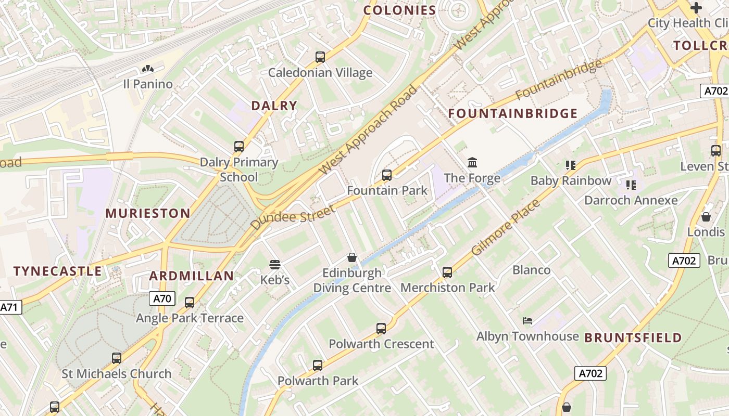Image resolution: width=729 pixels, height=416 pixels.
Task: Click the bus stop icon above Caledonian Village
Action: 320,57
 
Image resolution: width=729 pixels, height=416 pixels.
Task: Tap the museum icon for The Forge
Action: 472,163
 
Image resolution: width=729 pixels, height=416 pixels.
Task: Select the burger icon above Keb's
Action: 275,265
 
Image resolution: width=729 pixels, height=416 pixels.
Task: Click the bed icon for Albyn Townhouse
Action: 527,321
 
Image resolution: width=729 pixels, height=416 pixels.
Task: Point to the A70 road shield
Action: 162,298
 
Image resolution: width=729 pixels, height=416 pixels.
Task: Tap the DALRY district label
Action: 274,106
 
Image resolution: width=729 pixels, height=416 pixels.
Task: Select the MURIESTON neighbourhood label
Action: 148,213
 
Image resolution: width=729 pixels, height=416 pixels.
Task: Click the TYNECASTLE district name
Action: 58,271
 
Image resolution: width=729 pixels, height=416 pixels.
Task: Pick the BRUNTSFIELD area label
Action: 633,338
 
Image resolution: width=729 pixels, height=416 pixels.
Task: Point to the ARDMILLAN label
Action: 192,276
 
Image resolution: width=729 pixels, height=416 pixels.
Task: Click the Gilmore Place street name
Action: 506,227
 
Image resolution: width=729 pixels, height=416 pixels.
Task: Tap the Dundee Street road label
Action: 293,217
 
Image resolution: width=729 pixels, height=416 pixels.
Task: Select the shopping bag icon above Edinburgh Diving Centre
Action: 352,257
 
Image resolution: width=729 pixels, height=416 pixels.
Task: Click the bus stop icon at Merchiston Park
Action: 447,272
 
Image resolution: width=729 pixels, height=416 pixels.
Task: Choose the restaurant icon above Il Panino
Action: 148,69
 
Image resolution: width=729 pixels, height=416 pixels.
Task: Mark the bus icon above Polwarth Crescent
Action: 381,329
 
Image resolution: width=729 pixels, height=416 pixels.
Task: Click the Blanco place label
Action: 531,270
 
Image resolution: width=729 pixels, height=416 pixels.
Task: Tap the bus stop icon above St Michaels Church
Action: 117,358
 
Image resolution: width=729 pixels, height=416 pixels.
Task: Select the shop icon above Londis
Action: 706,217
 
